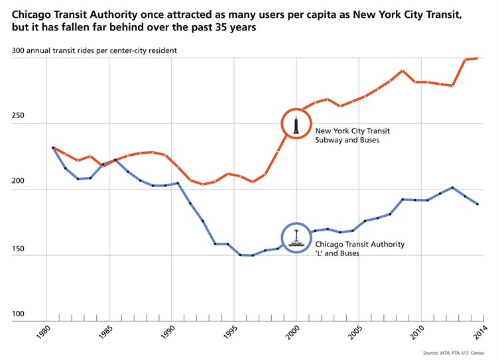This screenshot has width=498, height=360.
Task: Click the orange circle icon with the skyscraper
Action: pos(296,123)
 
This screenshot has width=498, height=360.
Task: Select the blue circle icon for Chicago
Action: pos(296,237)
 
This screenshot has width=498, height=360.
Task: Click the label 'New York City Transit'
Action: pos(352,131)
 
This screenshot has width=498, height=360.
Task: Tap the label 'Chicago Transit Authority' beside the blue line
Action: pos(359,245)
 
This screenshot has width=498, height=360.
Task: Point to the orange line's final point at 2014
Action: pos(477,58)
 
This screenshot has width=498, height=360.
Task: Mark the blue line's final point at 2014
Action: pos(477,204)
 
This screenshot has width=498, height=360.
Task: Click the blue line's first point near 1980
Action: pos(53,148)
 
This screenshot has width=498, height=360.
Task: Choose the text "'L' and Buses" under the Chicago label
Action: pos(337,254)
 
